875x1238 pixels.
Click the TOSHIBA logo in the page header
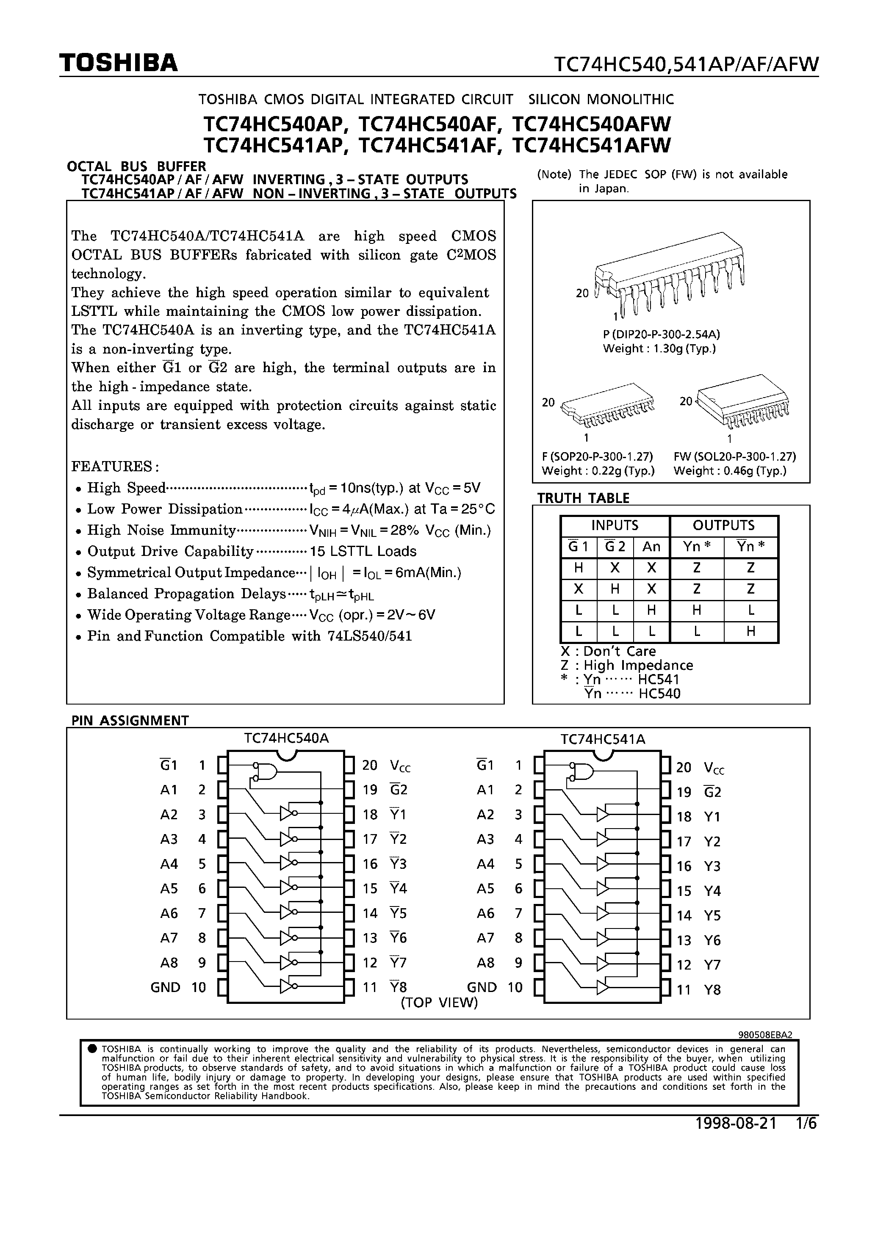point(118,63)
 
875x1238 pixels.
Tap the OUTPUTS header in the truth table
point(723,525)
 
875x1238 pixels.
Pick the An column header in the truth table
point(651,547)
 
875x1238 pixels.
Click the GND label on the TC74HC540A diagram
point(165,987)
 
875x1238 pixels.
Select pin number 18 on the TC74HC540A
point(370,814)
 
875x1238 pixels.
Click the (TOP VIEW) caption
point(440,1002)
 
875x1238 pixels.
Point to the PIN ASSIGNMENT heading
point(130,720)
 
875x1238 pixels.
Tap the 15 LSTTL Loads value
point(363,551)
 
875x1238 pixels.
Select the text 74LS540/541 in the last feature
point(370,636)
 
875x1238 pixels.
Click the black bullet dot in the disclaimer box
point(92,1049)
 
